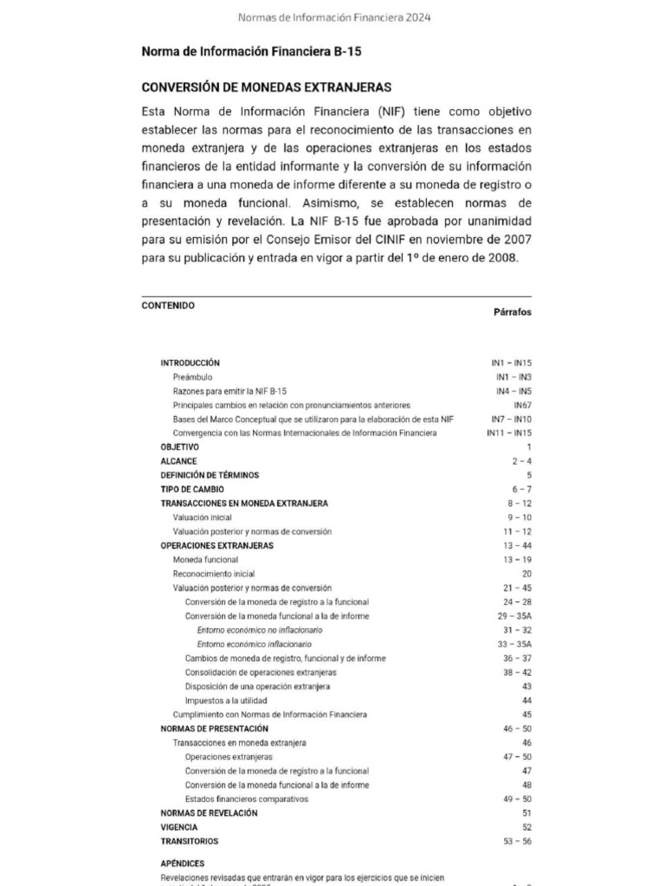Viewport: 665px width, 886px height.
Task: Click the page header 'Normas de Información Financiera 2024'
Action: [333, 17]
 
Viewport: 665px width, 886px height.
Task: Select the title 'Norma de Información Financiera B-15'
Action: [251, 52]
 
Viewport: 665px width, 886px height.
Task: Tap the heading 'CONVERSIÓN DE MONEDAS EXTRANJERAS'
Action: [267, 87]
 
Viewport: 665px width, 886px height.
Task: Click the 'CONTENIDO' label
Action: [168, 305]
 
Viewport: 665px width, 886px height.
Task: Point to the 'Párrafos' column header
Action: [513, 312]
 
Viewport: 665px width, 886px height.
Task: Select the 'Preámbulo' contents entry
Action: [192, 377]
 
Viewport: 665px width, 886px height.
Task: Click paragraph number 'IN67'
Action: [522, 405]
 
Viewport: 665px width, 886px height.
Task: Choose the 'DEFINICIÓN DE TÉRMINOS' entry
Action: [210, 475]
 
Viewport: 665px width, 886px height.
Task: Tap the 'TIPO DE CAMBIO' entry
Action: [192, 489]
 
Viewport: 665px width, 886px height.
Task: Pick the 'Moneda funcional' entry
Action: [205, 560]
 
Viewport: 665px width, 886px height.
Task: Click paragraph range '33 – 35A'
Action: [514, 645]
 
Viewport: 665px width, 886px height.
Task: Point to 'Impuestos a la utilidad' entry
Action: [226, 700]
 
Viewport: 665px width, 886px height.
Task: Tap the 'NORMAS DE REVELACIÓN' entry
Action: [209, 813]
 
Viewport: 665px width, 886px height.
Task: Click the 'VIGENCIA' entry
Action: [179, 827]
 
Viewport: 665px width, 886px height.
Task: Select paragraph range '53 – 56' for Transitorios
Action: [516, 841]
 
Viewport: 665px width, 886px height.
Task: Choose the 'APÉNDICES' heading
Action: [183, 864]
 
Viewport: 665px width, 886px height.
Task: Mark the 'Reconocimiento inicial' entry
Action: [214, 574]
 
